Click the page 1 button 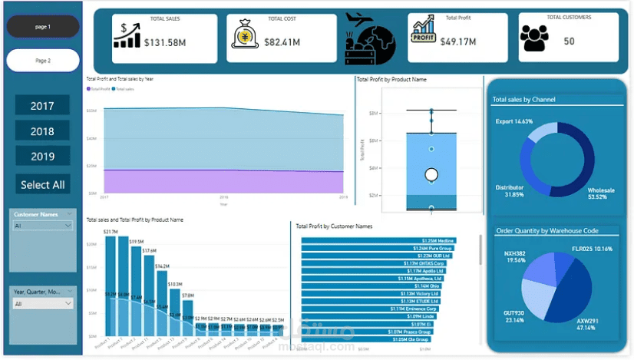43,27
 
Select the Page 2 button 43,60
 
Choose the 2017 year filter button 42,106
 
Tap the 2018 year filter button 42,131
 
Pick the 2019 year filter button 42,157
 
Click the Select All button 42,184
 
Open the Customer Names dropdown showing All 43,226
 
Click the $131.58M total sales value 165,41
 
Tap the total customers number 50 569,41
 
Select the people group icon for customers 536,38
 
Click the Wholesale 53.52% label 601,193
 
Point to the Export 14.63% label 513,121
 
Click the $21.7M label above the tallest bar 111,231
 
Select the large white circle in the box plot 431,174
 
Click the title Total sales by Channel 524,100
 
